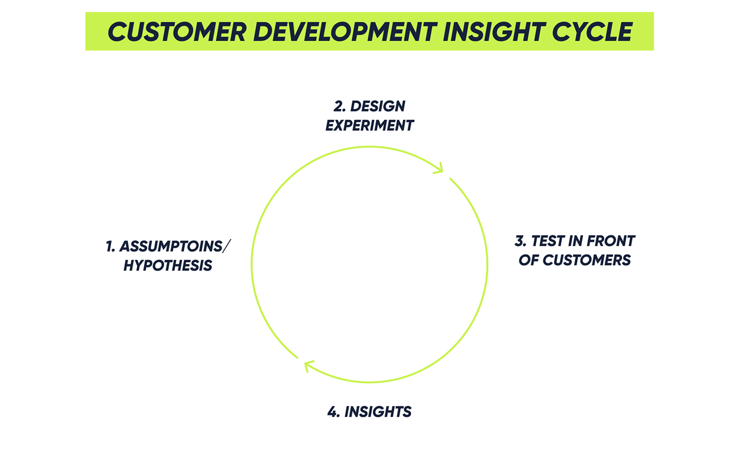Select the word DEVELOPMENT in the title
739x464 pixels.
click(343, 32)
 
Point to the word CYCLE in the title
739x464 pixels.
click(593, 32)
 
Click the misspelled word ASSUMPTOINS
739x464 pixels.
click(171, 246)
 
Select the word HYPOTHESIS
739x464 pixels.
click(167, 266)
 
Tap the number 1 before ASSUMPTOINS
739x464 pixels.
click(110, 246)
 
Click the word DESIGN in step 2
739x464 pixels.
click(378, 106)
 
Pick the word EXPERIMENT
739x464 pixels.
click(369, 126)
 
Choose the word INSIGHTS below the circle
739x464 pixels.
click(378, 412)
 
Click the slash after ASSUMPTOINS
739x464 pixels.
click(227, 246)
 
